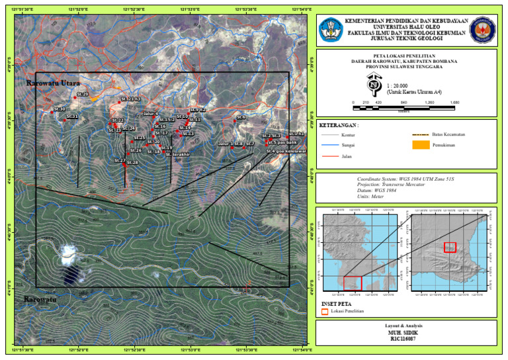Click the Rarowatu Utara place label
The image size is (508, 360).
click(53, 84)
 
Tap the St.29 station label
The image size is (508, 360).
click(82, 95)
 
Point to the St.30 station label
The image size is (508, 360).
click(60, 109)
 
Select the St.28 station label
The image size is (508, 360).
click(132, 162)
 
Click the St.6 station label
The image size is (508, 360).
click(241, 117)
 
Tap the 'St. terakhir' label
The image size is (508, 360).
click(178, 154)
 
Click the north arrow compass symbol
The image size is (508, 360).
click(374, 84)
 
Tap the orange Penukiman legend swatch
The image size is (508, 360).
click(420, 146)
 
